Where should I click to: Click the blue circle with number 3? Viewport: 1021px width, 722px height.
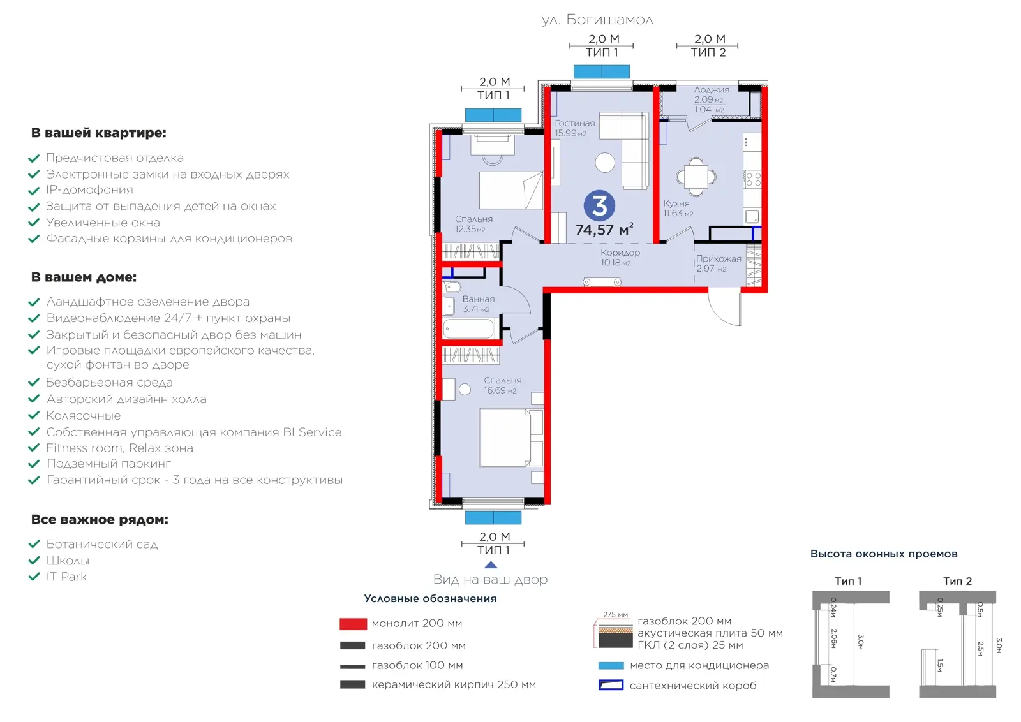click(x=599, y=205)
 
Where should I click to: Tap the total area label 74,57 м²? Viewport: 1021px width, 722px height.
click(x=604, y=229)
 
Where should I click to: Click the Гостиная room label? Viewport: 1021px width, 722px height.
click(x=575, y=123)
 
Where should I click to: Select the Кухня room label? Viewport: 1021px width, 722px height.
click(x=676, y=203)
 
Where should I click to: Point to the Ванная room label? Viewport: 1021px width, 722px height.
click(x=478, y=299)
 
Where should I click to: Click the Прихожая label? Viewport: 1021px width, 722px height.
click(x=719, y=259)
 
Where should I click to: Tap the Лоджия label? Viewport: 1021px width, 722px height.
click(x=712, y=90)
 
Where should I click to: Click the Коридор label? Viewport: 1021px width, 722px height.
click(x=620, y=253)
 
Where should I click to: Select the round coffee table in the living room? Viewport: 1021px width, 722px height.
click(x=605, y=162)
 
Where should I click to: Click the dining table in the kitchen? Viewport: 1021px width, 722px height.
click(x=696, y=176)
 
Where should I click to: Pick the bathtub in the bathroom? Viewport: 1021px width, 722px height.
click(x=468, y=328)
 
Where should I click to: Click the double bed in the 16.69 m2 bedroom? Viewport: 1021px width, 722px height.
click(x=511, y=438)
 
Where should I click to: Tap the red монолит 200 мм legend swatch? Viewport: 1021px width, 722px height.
click(x=353, y=624)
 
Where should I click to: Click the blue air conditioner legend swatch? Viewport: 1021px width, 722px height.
click(x=611, y=665)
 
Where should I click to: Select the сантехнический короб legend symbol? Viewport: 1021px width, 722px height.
click(x=611, y=685)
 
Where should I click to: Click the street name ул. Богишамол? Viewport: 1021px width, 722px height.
click(x=597, y=20)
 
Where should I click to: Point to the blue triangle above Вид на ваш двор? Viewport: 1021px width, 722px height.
click(x=491, y=565)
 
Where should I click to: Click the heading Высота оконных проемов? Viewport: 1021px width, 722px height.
click(x=883, y=554)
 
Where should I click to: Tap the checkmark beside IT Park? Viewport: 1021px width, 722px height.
click(x=34, y=577)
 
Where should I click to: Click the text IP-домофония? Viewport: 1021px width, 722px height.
click(x=89, y=189)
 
